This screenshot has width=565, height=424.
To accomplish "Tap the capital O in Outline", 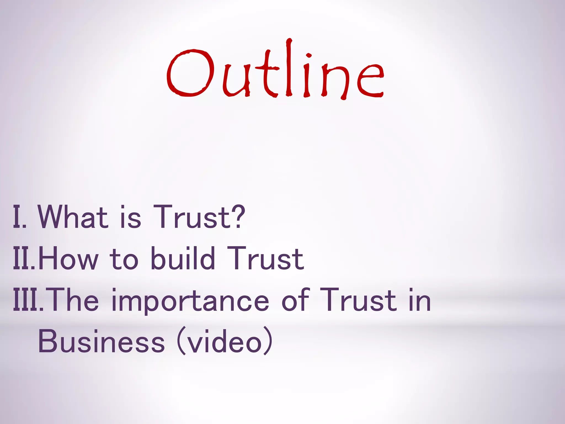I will [x=190, y=73].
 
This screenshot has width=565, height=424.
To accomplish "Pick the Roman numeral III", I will [x=26, y=300].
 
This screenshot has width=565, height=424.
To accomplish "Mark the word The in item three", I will [x=73, y=300].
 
